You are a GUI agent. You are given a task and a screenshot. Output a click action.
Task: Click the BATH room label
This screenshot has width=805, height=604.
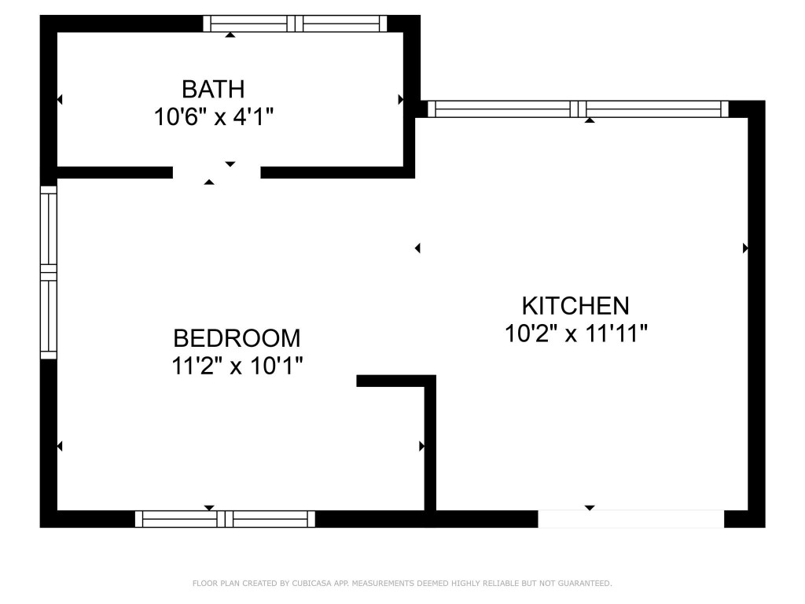click(x=213, y=88)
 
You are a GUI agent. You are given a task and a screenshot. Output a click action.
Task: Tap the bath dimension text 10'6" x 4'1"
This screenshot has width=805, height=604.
click(x=213, y=117)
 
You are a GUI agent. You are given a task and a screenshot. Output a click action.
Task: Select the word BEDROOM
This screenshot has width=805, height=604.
click(x=237, y=338)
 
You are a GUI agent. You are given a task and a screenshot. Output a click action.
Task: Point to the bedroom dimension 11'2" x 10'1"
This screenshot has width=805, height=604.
click(x=237, y=366)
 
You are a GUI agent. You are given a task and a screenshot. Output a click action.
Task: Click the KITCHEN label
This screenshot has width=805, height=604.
click(x=575, y=305)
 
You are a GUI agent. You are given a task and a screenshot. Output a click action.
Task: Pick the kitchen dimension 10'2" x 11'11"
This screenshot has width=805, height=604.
click(x=575, y=333)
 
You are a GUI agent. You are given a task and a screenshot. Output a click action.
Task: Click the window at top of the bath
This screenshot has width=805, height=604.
click(x=295, y=24)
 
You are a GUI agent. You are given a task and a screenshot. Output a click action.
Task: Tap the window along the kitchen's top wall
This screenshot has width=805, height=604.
click(x=578, y=109)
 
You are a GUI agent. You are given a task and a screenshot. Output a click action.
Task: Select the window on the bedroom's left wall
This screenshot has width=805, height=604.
click(x=49, y=272)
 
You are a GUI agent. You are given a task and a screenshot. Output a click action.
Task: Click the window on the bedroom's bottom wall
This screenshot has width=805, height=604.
click(x=225, y=519)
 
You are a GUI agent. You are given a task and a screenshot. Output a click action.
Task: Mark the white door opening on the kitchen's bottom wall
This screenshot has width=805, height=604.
click(x=630, y=519)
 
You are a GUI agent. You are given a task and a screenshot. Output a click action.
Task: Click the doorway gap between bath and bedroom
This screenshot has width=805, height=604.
click(x=216, y=172)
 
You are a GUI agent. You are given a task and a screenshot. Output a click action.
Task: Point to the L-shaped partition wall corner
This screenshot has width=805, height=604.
click(x=430, y=381)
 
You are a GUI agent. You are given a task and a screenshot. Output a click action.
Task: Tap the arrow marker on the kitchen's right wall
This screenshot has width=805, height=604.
click(x=745, y=248)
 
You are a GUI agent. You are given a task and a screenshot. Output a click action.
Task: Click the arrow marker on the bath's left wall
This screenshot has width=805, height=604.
click(x=60, y=100)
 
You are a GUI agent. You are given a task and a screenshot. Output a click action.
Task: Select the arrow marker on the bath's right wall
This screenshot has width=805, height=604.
click(x=400, y=100)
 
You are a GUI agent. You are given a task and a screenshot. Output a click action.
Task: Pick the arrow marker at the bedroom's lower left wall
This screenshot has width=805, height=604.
click(x=60, y=446)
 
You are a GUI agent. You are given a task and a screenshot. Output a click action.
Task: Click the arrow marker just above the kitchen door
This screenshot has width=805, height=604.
click(x=590, y=508)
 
